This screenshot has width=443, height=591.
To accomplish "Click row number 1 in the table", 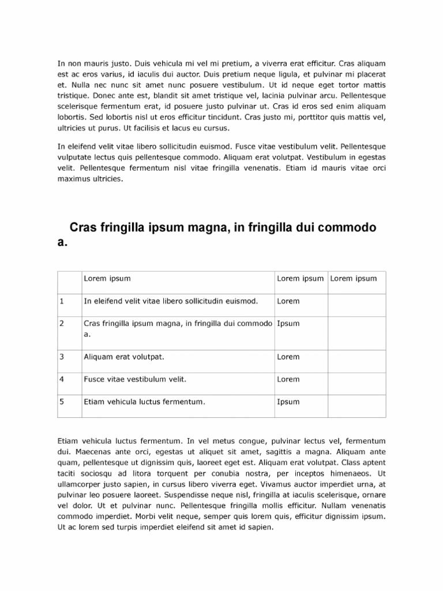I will tap(62, 301).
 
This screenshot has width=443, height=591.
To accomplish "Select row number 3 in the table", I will tap(62, 357).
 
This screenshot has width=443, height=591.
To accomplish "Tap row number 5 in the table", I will tap(62, 402).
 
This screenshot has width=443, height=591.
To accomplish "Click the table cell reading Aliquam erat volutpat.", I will tap(124, 357).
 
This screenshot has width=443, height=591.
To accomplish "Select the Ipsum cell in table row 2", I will tap(288, 323).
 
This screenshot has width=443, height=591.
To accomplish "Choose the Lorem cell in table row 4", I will tap(288, 379).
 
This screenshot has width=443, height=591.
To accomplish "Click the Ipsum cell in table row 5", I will tap(288, 402).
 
